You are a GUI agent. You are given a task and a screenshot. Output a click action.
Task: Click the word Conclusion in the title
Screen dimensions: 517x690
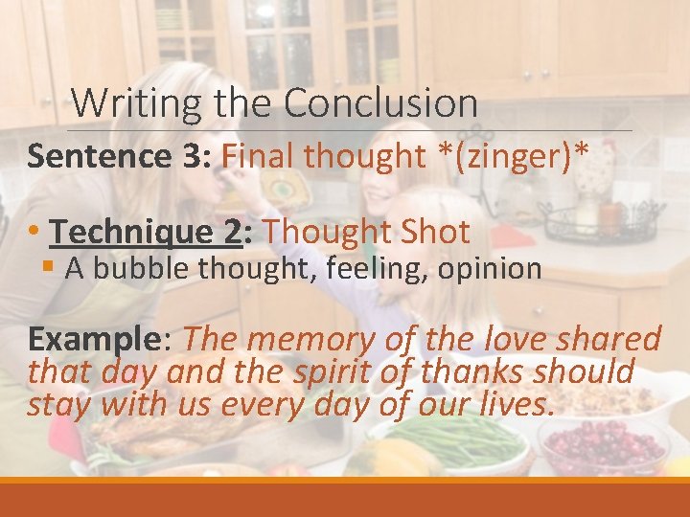(x=380, y=102)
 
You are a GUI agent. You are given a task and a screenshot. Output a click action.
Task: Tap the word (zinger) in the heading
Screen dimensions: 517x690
(x=518, y=155)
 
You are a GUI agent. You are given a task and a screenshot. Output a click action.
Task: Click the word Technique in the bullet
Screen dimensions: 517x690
(x=130, y=232)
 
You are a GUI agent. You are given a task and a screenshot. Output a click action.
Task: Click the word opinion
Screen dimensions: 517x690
(x=490, y=269)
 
